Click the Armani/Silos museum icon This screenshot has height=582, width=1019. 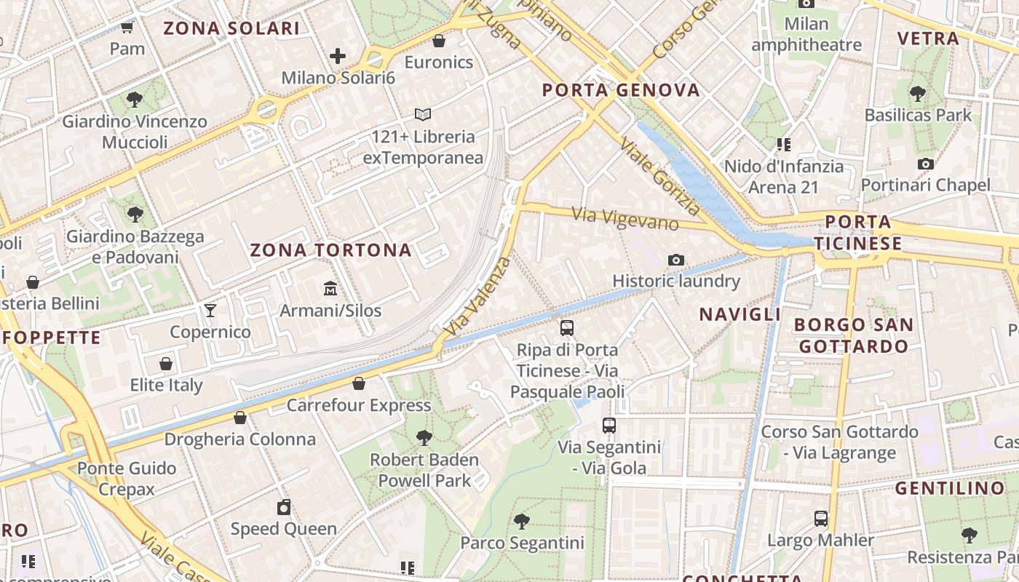pos(330,289)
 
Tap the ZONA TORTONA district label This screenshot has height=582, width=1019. pos(331,251)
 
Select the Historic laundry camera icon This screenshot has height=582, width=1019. pos(676,260)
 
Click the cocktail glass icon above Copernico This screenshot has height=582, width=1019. pos(210,311)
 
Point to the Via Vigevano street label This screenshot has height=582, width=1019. pos(625,218)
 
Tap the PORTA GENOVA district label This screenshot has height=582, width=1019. pos(621,91)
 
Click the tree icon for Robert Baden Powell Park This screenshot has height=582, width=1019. pos(424,437)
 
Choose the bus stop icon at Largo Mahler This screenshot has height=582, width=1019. pos(821,519)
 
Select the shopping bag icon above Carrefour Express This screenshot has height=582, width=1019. pos(359,383)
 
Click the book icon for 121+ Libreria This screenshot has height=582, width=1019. pos(423,114)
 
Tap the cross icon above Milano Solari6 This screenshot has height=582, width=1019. pos(338,55)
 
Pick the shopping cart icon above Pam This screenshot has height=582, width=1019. pos(127,28)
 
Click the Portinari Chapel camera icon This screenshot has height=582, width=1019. pos(926,164)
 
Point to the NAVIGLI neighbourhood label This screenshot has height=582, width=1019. pos(740,314)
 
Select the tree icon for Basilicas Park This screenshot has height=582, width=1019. pos(918,93)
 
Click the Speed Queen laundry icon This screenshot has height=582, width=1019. pos(284,507)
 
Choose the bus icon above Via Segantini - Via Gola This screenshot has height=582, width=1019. pos(609,426)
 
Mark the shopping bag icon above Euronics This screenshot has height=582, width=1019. pos(439,40)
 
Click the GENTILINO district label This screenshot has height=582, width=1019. pos(950,488)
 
